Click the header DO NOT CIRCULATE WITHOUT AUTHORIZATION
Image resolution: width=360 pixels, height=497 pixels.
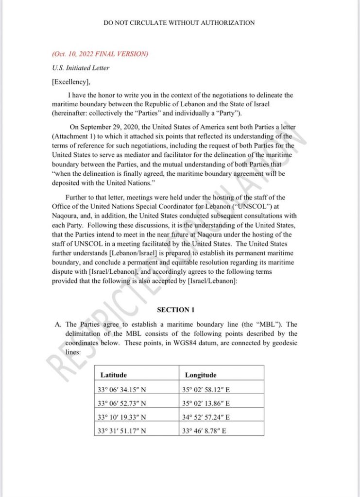(x=179, y=23)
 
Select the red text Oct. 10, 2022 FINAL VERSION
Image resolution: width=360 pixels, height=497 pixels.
(x=99, y=54)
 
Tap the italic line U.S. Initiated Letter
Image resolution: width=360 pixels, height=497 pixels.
(x=80, y=68)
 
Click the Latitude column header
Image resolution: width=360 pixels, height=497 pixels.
(x=114, y=375)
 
